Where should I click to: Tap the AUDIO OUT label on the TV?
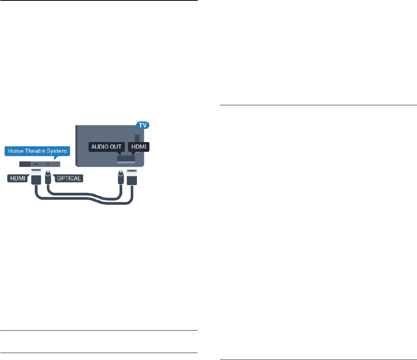(x=106, y=147)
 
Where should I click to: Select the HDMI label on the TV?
(x=139, y=147)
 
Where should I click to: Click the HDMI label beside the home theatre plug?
(x=17, y=178)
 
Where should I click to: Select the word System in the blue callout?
(x=57, y=151)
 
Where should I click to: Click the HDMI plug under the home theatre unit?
(x=36, y=178)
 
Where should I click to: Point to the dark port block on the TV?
(x=126, y=159)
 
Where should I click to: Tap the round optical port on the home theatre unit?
(x=48, y=164)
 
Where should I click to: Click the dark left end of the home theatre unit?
(x=25, y=164)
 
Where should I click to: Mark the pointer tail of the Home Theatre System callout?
(x=56, y=158)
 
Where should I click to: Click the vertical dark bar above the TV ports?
(x=137, y=139)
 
